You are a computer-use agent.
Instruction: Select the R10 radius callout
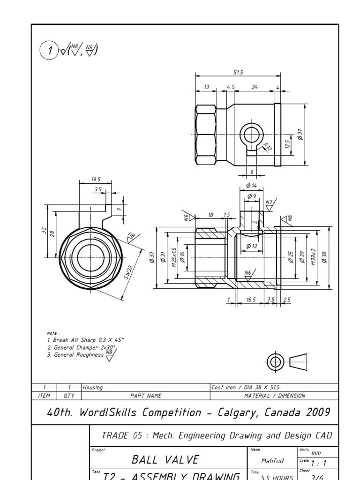tap(268, 147)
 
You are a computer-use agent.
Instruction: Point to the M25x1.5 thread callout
tap(173, 257)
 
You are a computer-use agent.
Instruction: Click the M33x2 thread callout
tap(314, 257)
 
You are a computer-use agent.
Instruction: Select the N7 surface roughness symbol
tap(269, 202)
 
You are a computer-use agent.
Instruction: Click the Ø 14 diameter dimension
tap(251, 186)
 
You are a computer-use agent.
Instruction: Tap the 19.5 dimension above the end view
tap(96, 180)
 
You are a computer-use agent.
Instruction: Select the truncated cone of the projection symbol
tap(299, 361)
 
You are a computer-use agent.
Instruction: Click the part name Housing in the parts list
tap(92, 387)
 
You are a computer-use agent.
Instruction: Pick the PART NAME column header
tap(146, 396)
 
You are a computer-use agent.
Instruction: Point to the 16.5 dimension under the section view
tap(251, 299)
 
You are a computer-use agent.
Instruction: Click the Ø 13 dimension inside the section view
tap(252, 246)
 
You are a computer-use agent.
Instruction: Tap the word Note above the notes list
tap(53, 333)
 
